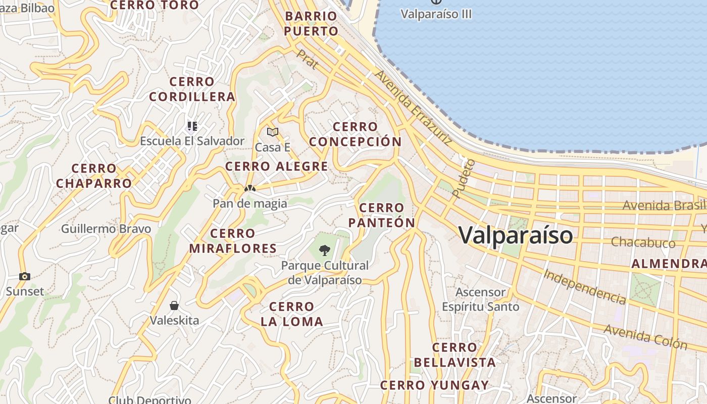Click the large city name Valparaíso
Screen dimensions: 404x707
click(516, 235)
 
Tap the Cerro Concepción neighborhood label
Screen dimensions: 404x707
click(356, 134)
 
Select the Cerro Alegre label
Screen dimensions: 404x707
click(277, 166)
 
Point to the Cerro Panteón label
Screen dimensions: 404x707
click(381, 215)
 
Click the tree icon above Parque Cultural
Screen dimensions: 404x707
click(325, 249)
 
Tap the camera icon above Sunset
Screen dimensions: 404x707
click(24, 276)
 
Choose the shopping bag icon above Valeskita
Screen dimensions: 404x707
click(174, 306)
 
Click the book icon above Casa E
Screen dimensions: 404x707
click(273, 132)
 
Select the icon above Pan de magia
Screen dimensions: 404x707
click(249, 188)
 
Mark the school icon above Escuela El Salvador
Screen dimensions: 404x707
click(192, 126)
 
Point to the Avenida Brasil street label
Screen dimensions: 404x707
click(664, 205)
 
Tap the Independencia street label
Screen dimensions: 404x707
click(585, 287)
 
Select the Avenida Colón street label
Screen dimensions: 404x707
click(645, 337)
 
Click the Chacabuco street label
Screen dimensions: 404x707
click(643, 242)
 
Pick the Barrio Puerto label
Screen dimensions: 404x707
click(311, 24)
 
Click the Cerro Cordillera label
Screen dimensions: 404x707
click(192, 89)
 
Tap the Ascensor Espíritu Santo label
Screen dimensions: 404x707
click(480, 299)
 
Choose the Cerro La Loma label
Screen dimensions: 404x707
click(291, 314)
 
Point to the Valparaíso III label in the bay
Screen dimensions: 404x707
click(436, 14)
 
